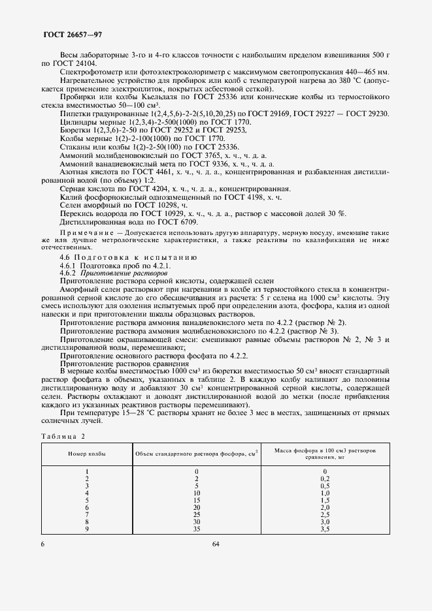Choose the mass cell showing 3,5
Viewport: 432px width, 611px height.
tap(324, 529)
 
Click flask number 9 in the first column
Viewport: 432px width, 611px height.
tap(87, 529)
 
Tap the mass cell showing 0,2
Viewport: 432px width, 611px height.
tap(324, 478)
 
